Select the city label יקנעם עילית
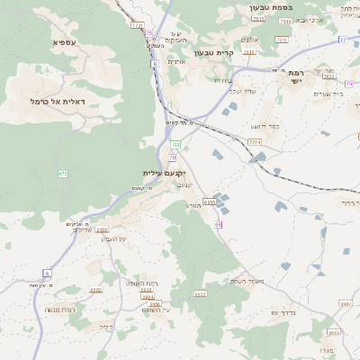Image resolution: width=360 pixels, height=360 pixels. tap(163, 172)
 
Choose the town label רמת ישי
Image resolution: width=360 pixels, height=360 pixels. tap(294, 76)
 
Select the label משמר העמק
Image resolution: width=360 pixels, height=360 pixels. tap(248, 282)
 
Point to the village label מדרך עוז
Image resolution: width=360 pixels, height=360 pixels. tap(287, 313)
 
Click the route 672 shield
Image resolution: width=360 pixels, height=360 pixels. tap(63, 173)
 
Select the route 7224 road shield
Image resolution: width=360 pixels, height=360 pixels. tap(255, 141)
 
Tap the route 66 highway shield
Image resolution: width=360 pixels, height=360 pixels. tap(218, 223)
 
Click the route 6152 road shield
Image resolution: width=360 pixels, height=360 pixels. tap(94, 290)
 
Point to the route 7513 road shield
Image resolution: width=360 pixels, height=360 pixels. tap(281, 40)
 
